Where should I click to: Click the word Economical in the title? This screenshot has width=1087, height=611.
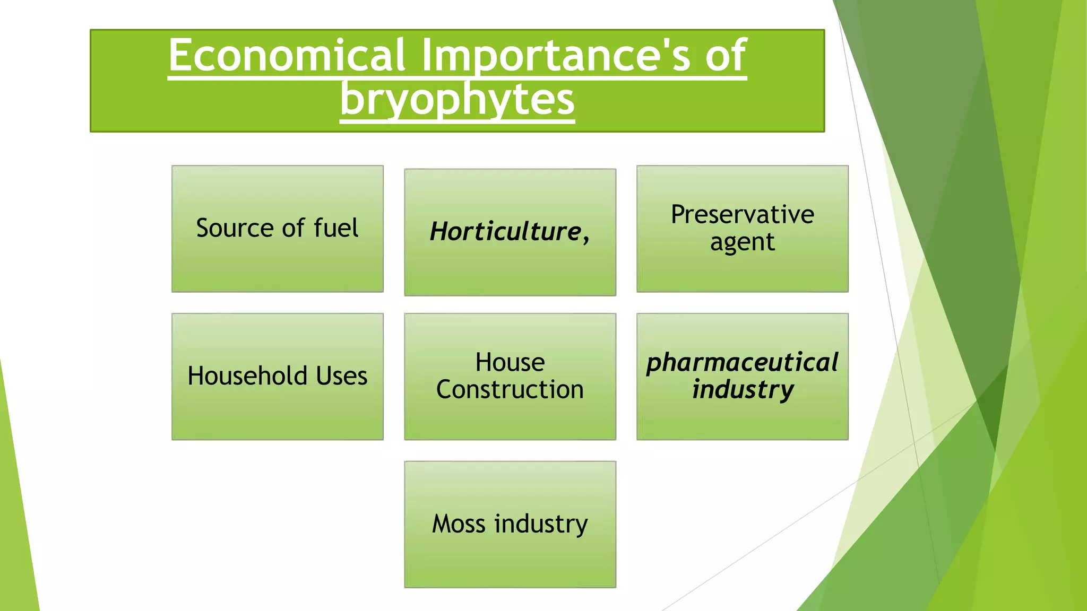pos(287,55)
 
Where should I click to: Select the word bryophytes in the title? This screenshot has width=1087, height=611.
pos(457,99)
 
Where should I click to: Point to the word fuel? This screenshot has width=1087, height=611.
pos(336,228)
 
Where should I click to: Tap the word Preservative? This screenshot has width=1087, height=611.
pos(742,214)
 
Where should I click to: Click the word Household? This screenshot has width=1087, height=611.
pos(247,376)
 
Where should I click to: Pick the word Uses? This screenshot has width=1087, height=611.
pos(341,376)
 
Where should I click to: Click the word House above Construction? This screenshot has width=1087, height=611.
pos(510,363)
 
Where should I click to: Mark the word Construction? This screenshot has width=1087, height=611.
pos(510,389)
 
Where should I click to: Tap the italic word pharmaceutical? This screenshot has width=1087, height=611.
pos(742,363)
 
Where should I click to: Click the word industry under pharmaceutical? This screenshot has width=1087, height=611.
pos(742,390)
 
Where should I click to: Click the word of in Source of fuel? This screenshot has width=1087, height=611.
pos(293,228)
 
